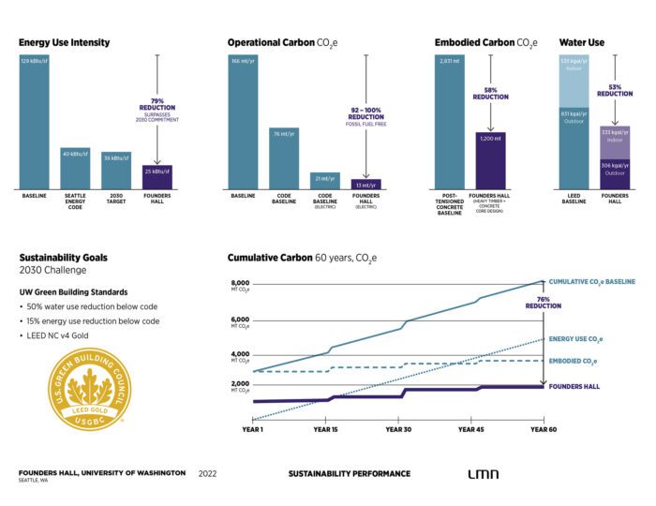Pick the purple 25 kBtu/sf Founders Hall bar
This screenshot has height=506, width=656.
(x=157, y=175)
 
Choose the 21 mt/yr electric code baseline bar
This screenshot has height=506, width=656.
(x=324, y=179)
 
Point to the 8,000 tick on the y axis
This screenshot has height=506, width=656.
(x=239, y=284)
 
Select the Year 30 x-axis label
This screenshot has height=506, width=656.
(x=398, y=428)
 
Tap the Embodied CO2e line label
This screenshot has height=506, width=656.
(x=575, y=361)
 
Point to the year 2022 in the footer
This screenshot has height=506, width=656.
(x=207, y=473)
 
